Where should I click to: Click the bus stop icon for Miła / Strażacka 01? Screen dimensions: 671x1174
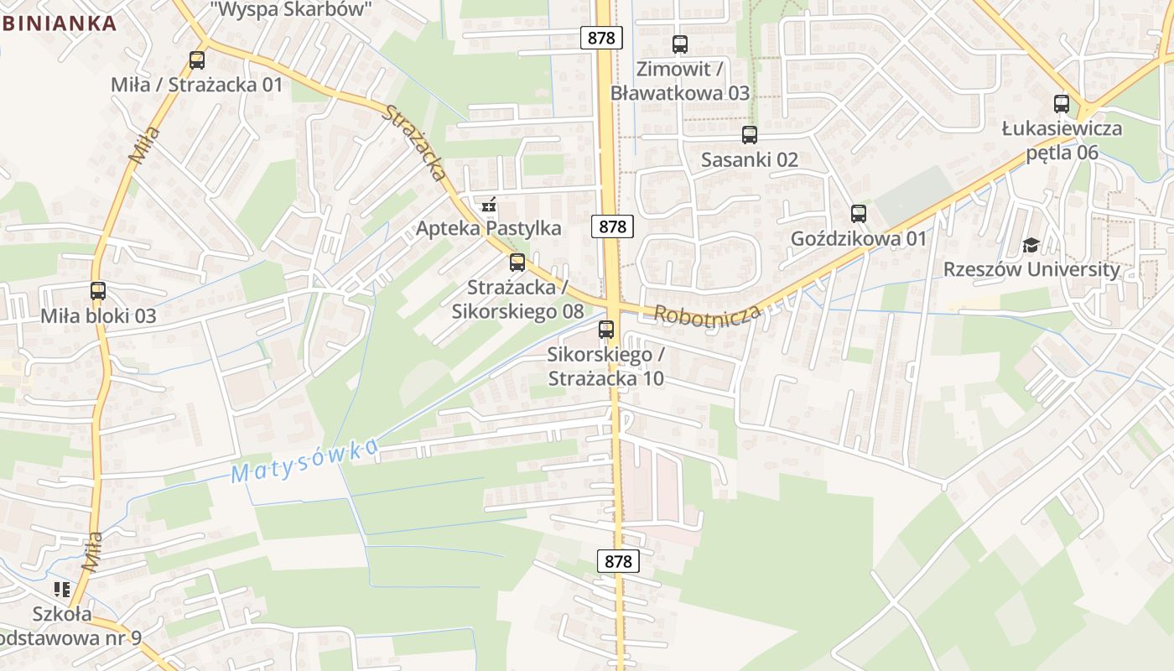[x=197, y=60]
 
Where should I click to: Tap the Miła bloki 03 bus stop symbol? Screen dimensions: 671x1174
[x=98, y=291]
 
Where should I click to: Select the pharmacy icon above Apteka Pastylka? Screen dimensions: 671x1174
[x=490, y=204]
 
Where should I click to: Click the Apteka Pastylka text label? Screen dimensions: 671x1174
[x=489, y=228]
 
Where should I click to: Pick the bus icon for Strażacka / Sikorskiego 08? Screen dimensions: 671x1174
[x=517, y=263]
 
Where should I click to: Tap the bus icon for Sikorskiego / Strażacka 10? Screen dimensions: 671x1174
[x=606, y=330]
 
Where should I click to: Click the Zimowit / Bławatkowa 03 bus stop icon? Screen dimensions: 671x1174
[x=680, y=44]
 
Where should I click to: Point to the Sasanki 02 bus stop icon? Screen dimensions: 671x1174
[x=750, y=134]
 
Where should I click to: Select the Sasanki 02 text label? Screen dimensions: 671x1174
[x=750, y=159]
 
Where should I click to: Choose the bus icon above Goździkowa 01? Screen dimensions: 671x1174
[x=859, y=214]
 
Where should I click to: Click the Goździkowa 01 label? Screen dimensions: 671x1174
[x=859, y=239]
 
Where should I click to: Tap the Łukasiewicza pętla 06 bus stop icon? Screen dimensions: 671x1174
[x=1062, y=104]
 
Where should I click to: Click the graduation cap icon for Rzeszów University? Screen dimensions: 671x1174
[x=1031, y=245]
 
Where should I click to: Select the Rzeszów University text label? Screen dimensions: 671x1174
[x=1031, y=270]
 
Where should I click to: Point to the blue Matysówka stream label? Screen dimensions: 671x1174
[x=304, y=461]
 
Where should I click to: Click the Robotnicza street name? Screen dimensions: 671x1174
[x=707, y=315]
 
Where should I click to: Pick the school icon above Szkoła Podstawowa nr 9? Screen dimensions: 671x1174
[x=62, y=590]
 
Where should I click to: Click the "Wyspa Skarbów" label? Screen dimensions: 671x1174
[x=290, y=10]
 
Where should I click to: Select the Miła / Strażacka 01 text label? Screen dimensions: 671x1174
[x=197, y=85]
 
